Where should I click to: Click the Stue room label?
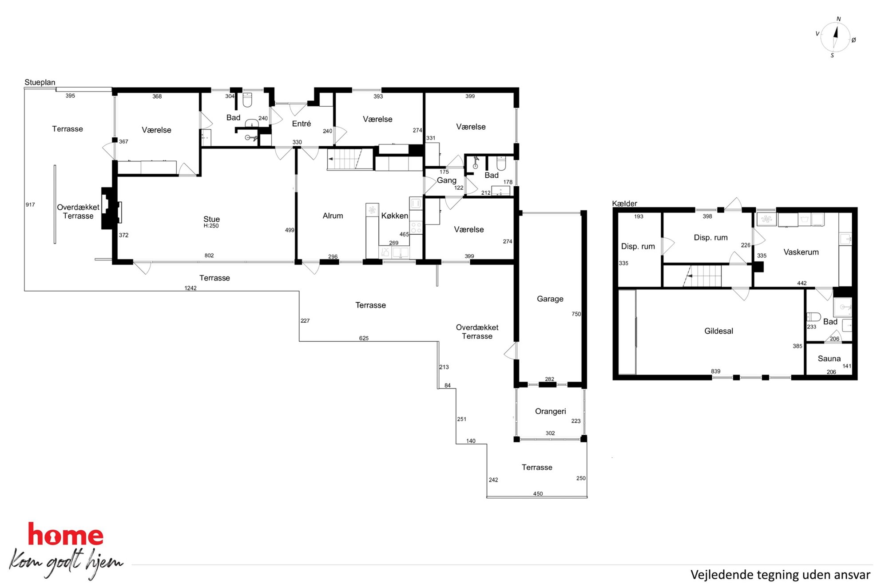[211, 219]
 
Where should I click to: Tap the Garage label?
[550, 299]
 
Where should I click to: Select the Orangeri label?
[550, 412]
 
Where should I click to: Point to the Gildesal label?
[718, 331]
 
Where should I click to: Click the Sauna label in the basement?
[829, 359]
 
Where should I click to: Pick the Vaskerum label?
[801, 252]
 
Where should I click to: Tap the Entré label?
[301, 124]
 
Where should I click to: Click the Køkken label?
[394, 216]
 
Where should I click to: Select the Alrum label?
[333, 216]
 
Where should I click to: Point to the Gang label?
[446, 180]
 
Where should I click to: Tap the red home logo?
[66, 534]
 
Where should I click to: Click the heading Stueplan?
[40, 83]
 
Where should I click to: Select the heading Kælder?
[624, 204]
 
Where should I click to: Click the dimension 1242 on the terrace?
[190, 288]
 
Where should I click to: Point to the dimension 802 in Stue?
[209, 256]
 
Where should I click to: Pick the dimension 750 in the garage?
[576, 314]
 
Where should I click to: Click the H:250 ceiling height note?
[211, 226]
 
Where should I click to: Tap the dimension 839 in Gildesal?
[715, 372]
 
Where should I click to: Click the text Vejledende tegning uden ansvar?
[780, 575]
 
